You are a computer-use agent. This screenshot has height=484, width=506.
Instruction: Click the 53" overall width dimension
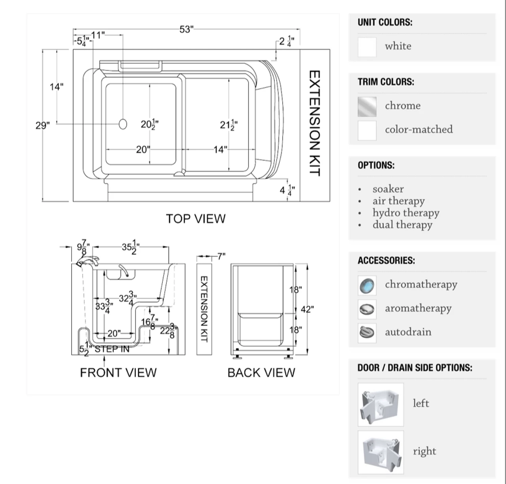tap(186, 30)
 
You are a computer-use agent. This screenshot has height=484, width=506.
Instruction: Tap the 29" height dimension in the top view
tap(43, 125)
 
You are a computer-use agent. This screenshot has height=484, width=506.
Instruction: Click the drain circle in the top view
tap(123, 124)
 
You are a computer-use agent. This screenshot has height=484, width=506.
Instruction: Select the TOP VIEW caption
tap(196, 219)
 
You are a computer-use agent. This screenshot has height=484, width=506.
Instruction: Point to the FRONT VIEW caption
tap(118, 373)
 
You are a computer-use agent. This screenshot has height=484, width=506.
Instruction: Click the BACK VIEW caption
tap(261, 373)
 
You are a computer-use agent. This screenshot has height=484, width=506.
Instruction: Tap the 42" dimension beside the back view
tap(307, 309)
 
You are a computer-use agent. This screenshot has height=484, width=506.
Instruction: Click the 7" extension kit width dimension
tap(221, 256)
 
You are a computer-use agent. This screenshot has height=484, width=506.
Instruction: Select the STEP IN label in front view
tap(111, 349)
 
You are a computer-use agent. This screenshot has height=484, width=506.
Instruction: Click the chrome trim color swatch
tap(367, 106)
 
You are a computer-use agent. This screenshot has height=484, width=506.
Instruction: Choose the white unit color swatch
tap(367, 47)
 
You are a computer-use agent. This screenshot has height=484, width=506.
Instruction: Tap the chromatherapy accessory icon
tap(367, 285)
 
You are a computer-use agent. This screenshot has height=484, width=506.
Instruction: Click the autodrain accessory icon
tap(367, 332)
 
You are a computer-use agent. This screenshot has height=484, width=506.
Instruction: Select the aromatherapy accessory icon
tap(367, 309)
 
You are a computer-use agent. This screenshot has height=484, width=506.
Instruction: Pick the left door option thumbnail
tap(381, 404)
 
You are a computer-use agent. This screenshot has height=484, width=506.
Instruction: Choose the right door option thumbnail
tap(381, 452)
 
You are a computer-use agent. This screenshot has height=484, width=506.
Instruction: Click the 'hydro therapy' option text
tap(406, 213)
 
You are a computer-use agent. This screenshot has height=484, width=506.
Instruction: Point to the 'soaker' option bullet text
tap(388, 189)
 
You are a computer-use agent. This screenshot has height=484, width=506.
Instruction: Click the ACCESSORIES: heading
tap(386, 261)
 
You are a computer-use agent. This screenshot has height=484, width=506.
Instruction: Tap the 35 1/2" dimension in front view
tap(130, 247)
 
